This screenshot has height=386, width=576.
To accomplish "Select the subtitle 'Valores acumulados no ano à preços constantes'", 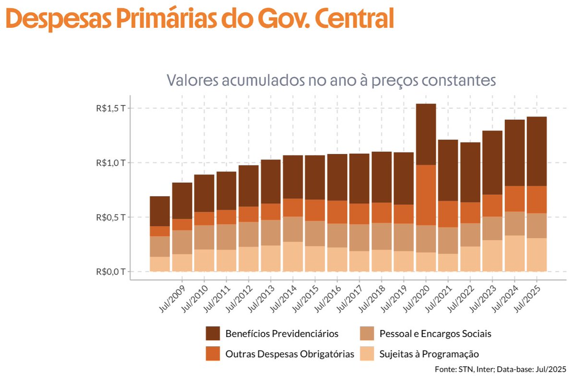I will tap(331, 80).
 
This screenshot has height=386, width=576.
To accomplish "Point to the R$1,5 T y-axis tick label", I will tap(110, 108).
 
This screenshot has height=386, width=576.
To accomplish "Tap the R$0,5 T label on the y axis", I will tap(110, 217).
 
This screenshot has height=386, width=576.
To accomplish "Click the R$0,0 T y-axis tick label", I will tap(110, 272).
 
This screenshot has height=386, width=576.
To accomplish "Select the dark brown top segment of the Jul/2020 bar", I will tap(426, 134).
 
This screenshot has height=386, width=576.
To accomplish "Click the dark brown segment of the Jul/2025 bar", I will tap(537, 152).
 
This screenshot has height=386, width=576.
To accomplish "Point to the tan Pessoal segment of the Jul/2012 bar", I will tap(249, 234).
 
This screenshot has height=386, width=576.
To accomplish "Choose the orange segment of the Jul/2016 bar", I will tap(337, 212).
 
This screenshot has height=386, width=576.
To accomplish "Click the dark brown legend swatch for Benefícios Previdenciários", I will tap(213, 333).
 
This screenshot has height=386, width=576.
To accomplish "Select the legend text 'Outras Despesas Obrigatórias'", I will tap(289, 354).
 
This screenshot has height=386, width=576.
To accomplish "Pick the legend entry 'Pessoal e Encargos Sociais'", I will tap(435, 333).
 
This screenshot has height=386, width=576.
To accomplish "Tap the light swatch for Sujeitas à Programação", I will tap(367, 354).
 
